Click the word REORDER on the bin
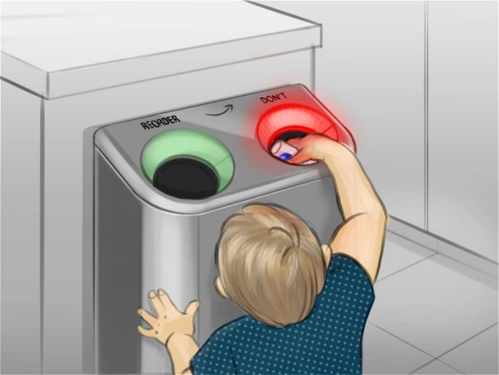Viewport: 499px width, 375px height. click(160, 122)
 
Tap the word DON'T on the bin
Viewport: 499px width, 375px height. click(274, 98)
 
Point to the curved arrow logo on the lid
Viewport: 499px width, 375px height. click(219, 110)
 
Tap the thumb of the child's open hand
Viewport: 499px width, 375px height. click(192, 308)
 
